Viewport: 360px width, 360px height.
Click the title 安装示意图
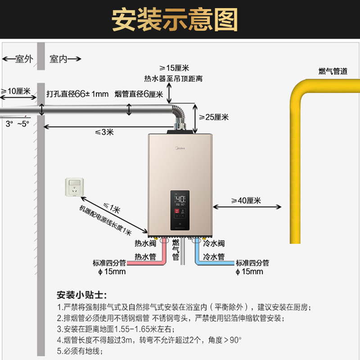coord(175,19)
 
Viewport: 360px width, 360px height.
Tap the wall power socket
coord(74,187)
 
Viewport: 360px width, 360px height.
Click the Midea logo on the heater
coord(180,148)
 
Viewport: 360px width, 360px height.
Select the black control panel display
coord(180,210)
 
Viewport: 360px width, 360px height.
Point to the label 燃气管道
coord(333,71)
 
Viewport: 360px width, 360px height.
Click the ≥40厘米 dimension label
coord(246,200)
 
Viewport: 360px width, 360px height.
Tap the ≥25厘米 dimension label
coord(214,117)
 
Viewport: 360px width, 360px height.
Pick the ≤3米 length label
coord(104,132)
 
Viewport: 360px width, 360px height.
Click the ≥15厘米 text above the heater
coord(174,68)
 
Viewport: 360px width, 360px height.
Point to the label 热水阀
coord(145,243)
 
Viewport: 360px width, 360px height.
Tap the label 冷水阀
coord(214,243)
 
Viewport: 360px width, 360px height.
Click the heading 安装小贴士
coord(82,295)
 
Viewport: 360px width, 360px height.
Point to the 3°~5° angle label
coord(18,124)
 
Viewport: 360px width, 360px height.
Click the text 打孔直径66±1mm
coord(77,94)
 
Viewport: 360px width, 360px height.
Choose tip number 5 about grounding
coord(80,351)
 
